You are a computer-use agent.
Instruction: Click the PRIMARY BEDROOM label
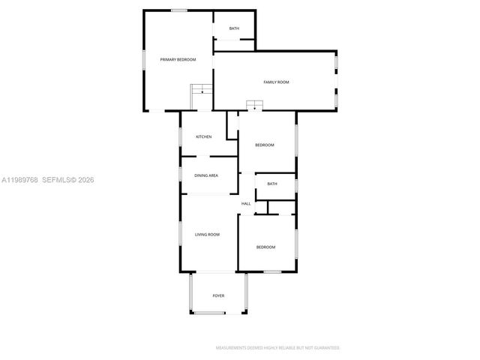[178, 59]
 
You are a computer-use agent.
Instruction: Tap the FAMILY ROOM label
[275, 82]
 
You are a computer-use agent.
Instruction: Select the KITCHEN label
[204, 136]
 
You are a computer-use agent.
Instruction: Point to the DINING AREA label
[206, 175]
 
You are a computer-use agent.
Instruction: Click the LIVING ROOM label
[207, 235]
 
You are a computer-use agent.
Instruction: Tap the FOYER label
[218, 296]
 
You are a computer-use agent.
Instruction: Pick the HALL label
[245, 204]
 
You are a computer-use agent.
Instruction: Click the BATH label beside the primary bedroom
[234, 28]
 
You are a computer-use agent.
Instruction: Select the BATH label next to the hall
[271, 184]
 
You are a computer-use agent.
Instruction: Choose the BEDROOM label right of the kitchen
[265, 145]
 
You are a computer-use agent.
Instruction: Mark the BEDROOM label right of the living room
[265, 247]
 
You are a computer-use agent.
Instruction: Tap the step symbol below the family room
[255, 106]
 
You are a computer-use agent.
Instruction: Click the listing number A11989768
[19, 180]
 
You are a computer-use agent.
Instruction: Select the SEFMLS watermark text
[58, 180]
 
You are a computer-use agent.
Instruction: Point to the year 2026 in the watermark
[85, 180]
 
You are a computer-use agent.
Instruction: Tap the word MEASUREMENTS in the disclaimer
[233, 348]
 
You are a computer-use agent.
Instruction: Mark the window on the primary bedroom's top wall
[178, 10]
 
